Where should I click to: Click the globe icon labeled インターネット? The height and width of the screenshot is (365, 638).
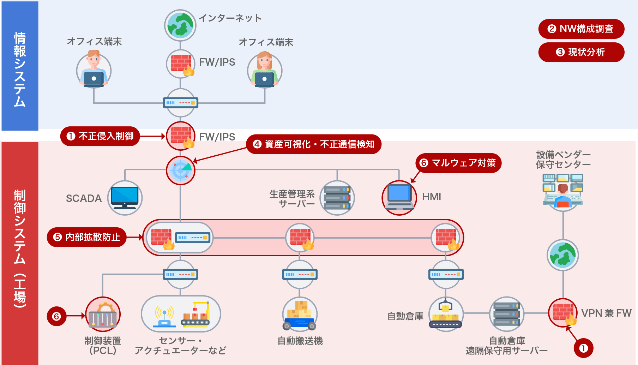pyautogui.click(x=180, y=25)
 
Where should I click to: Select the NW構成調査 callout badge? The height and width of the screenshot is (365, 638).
pyautogui.click(x=581, y=29)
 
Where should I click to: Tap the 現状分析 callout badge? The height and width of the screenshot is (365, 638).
pyautogui.click(x=581, y=52)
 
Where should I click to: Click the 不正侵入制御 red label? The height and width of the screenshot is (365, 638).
pyautogui.click(x=100, y=136)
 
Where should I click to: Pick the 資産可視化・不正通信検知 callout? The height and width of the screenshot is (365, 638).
pyautogui.click(x=314, y=144)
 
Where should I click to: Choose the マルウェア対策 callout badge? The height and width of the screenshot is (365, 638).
pyautogui.click(x=458, y=163)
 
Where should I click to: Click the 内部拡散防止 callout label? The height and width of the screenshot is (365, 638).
pyautogui.click(x=87, y=237)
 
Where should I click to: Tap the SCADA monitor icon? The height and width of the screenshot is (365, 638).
pyautogui.click(x=125, y=198)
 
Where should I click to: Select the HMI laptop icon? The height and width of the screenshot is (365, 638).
pyautogui.click(x=399, y=198)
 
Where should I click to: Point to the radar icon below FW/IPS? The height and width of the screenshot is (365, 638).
pyautogui.click(x=181, y=170)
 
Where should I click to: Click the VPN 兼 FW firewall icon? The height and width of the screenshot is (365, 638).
pyautogui.click(x=563, y=313)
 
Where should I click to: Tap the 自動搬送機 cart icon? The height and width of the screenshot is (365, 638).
pyautogui.click(x=300, y=314)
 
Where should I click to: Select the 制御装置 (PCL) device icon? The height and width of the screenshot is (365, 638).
pyautogui.click(x=103, y=314)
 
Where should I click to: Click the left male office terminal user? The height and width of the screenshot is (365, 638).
pyautogui.click(x=94, y=70)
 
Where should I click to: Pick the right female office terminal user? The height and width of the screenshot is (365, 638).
pyautogui.click(x=265, y=70)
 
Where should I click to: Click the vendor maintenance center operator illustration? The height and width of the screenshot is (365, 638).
pyautogui.click(x=563, y=191)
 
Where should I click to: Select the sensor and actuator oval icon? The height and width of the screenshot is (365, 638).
pyautogui.click(x=181, y=314)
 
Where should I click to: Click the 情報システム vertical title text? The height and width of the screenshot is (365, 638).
pyautogui.click(x=20, y=70)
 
